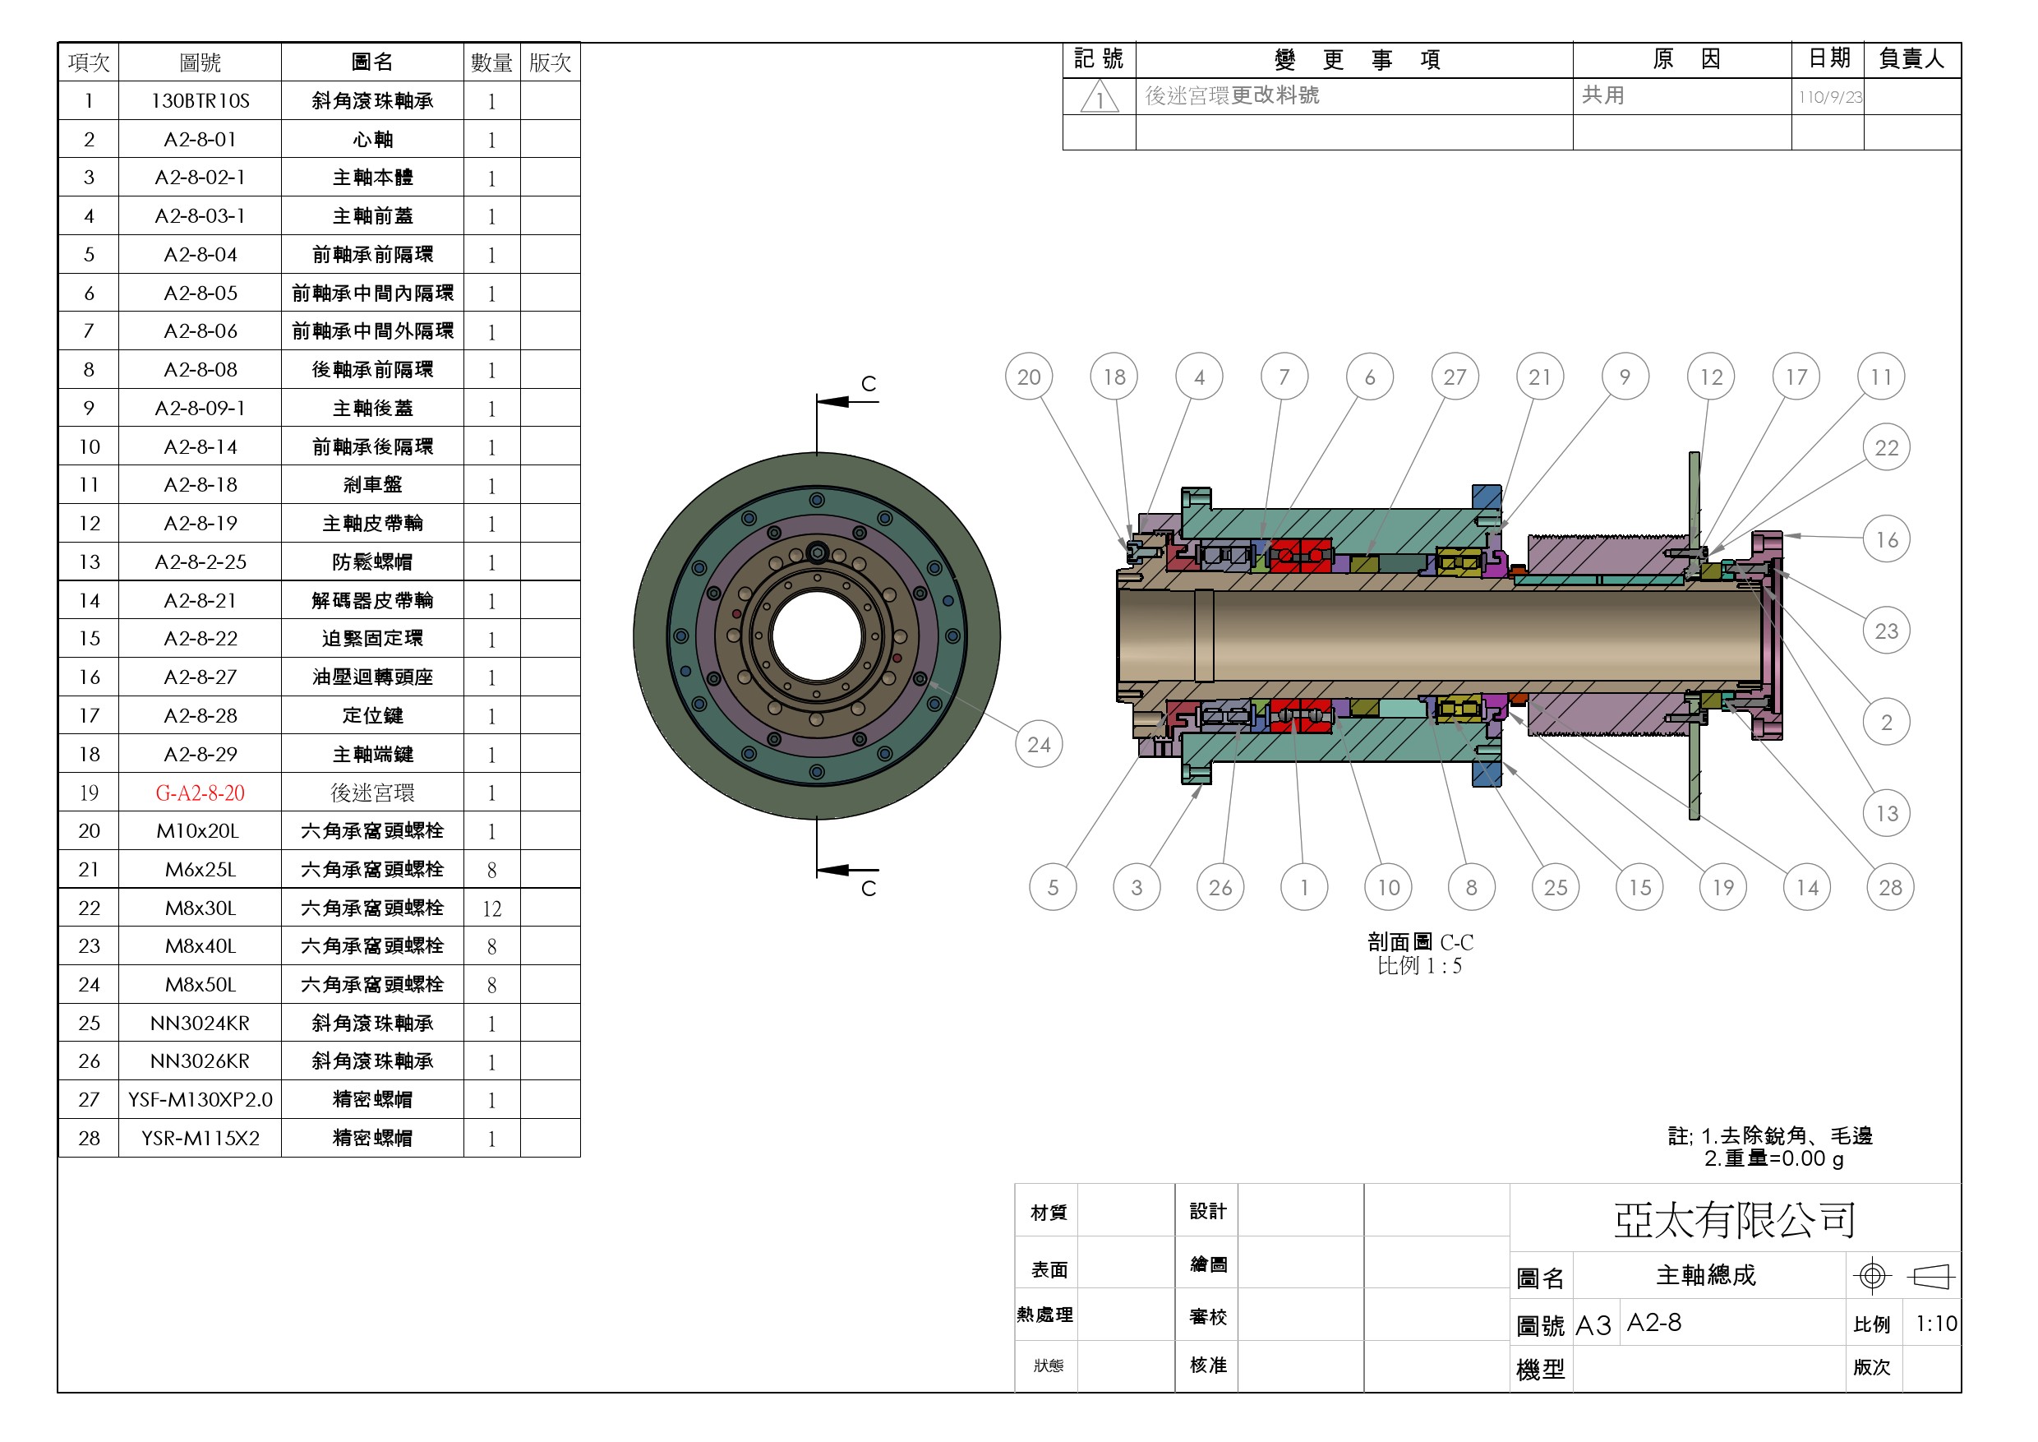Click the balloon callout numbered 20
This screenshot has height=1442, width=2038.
tap(1029, 377)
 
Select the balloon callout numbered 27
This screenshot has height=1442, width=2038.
tap(1454, 377)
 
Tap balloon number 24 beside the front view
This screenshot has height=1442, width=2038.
tap(1038, 744)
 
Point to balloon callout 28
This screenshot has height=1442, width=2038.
tap(1890, 887)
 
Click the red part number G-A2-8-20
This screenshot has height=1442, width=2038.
tap(200, 793)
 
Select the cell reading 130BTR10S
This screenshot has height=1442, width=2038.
tap(200, 101)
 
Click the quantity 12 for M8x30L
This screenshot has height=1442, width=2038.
tap(491, 908)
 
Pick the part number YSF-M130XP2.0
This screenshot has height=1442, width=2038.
tap(200, 1100)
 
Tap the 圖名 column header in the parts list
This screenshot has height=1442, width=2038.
tap(372, 62)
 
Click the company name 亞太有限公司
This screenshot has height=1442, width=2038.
tap(1735, 1220)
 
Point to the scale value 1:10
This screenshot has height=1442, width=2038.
tap(1936, 1324)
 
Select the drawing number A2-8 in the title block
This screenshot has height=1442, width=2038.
tap(1653, 1323)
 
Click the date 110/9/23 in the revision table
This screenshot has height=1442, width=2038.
tap(1830, 98)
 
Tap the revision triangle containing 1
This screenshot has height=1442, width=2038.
tap(1100, 98)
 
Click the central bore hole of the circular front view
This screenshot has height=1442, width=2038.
tap(817, 635)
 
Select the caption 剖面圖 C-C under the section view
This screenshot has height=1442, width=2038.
tap(1420, 942)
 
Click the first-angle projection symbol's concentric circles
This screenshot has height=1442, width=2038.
tap(1872, 1276)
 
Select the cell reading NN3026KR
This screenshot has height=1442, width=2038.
tap(200, 1061)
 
